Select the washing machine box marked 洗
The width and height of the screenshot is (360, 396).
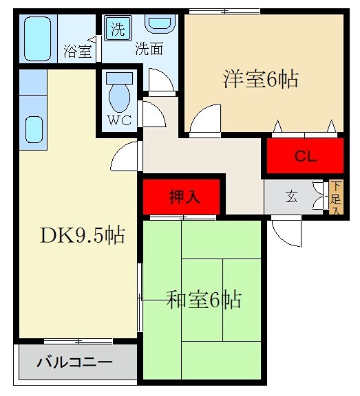tap(118, 30)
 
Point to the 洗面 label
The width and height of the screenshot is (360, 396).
tap(149, 49)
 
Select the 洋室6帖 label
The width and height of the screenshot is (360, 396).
tap(260, 79)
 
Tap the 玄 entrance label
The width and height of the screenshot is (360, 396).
tap(293, 197)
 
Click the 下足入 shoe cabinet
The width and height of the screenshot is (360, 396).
tap(335, 197)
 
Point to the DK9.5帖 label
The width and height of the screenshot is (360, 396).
tap(81, 236)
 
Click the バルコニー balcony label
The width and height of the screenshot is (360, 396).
tap(74, 362)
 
